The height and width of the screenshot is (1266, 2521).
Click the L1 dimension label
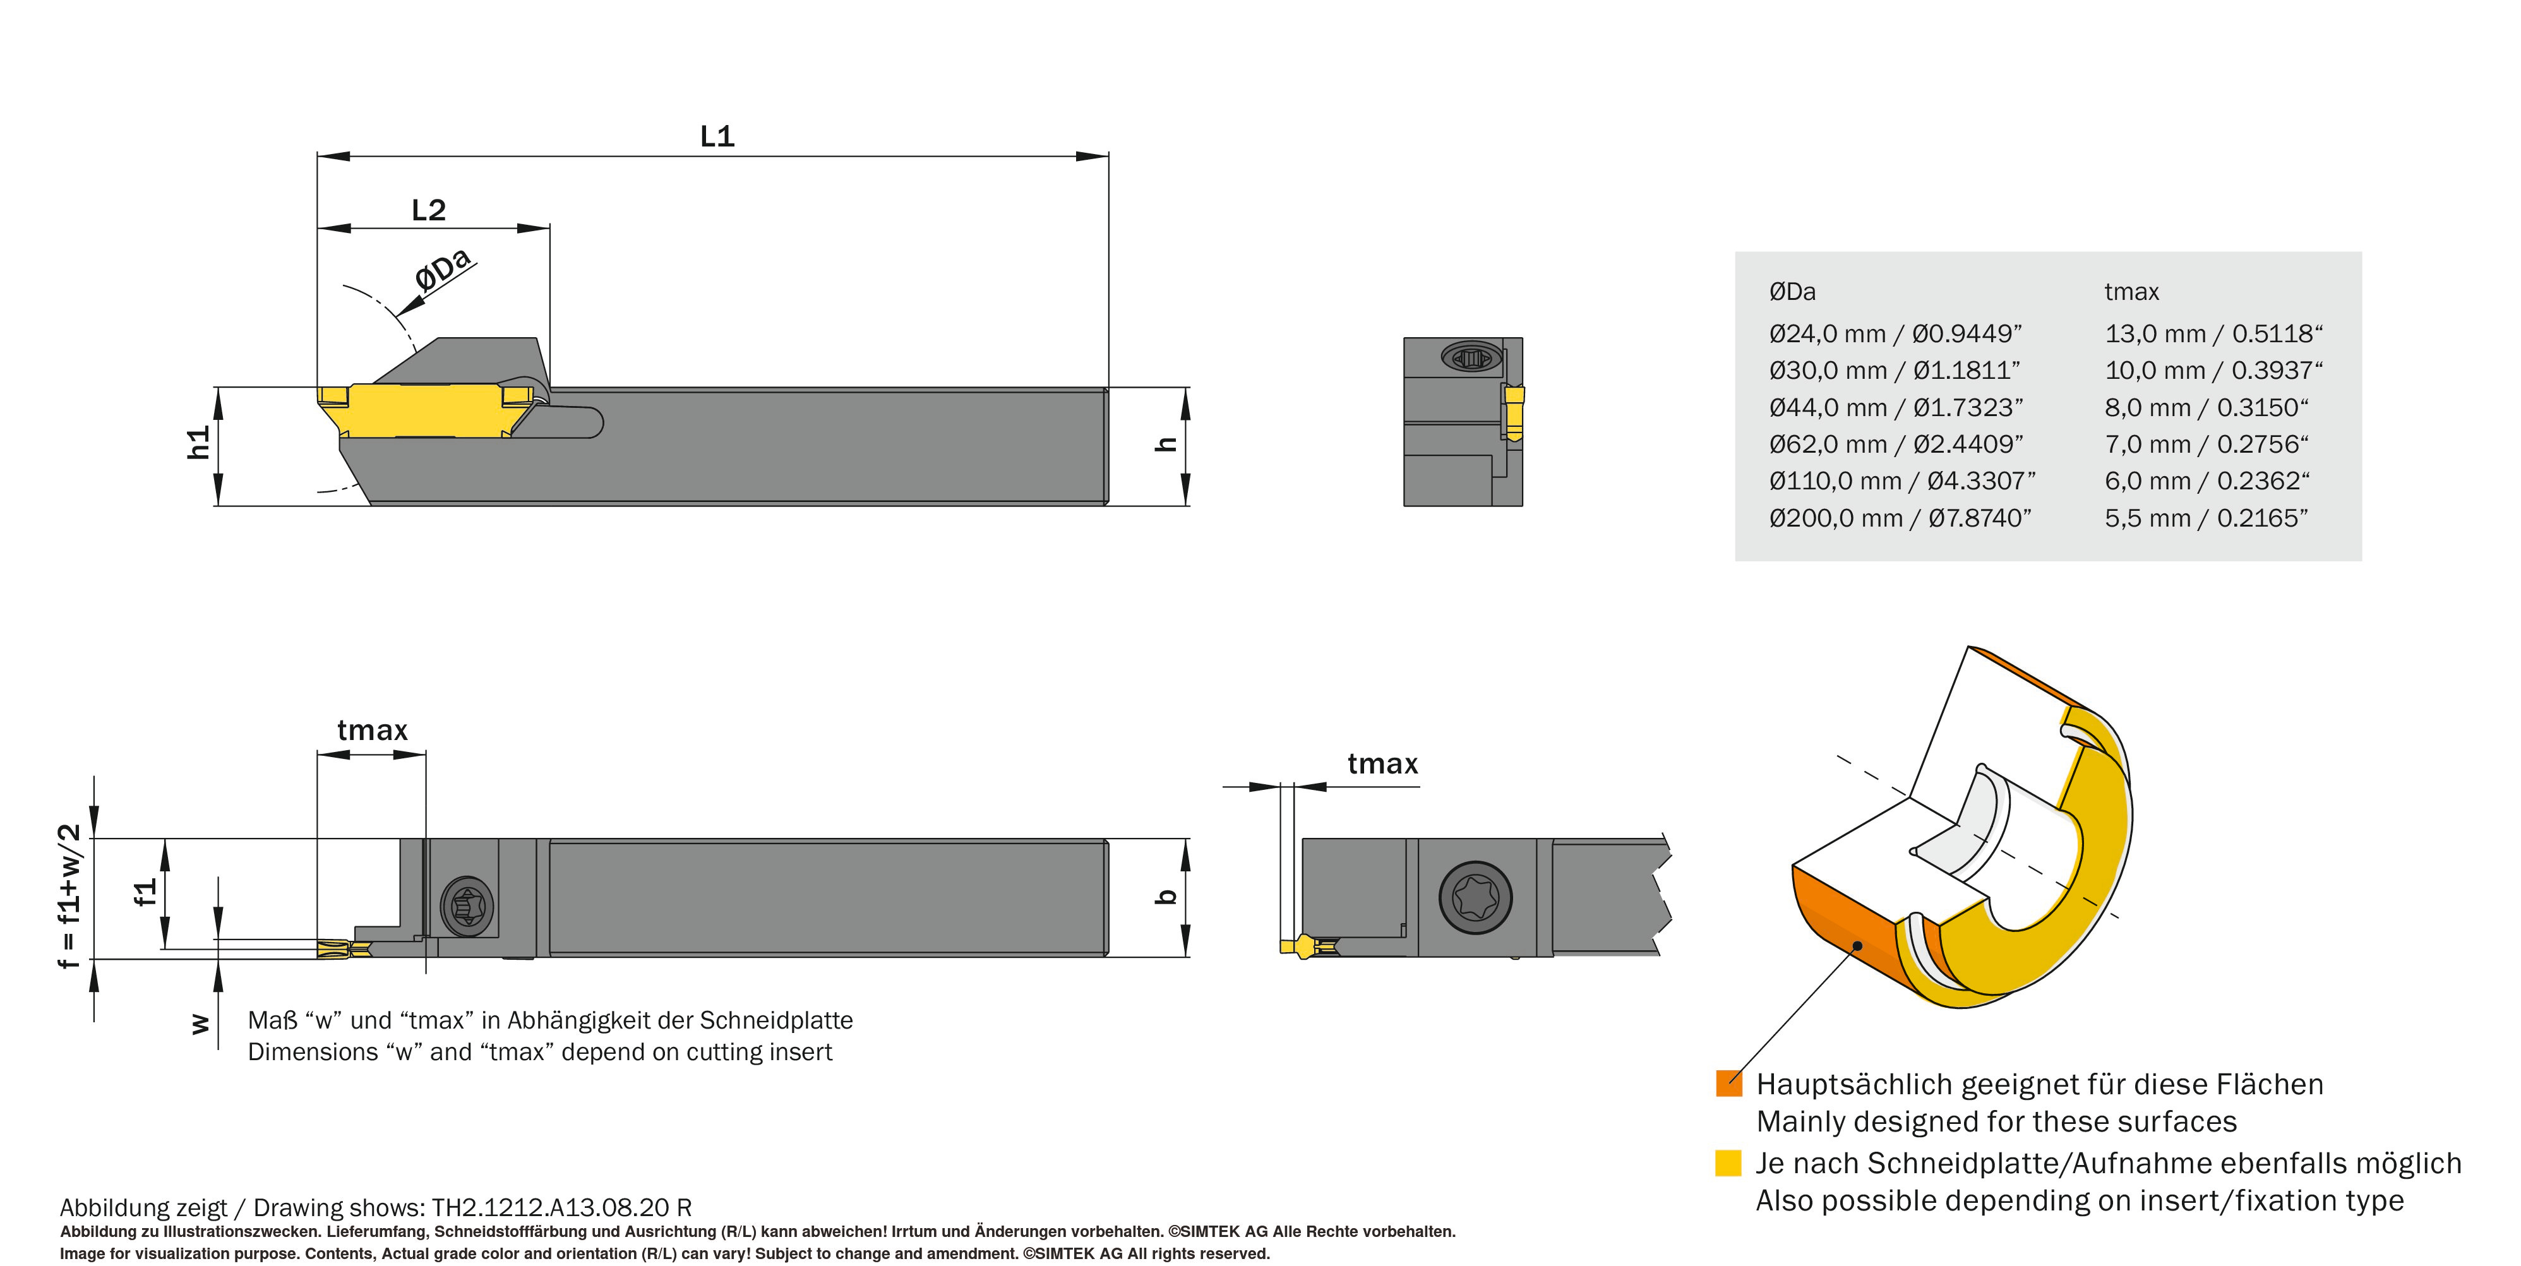click(x=717, y=136)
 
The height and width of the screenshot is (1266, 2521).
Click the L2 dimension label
click(x=429, y=210)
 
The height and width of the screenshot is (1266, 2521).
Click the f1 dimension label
click(x=145, y=892)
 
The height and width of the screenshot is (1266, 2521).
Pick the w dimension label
click(x=200, y=1024)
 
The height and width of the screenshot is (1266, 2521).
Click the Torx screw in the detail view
click(x=1475, y=897)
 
